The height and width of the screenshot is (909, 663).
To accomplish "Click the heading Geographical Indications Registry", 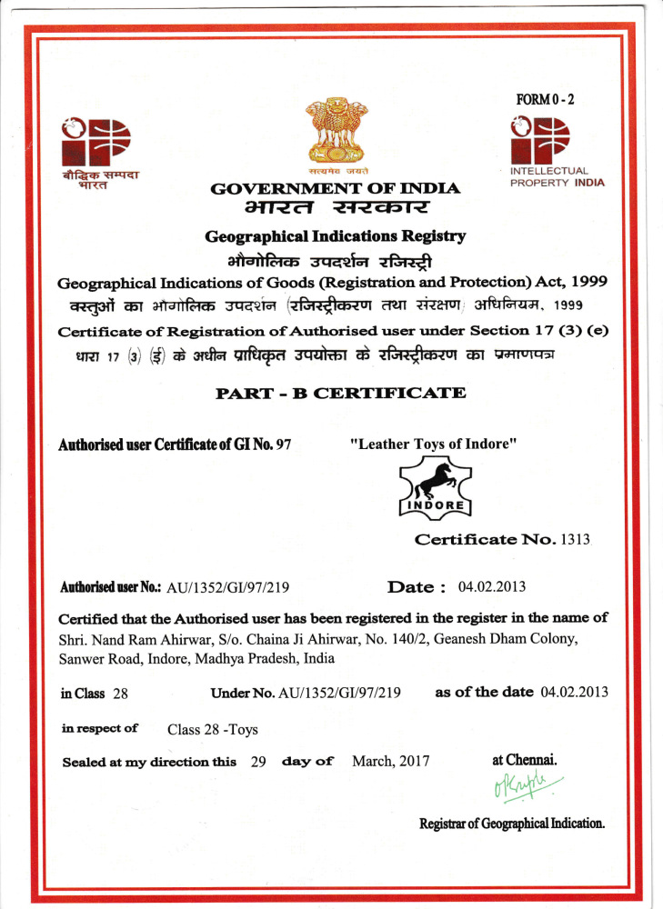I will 335,237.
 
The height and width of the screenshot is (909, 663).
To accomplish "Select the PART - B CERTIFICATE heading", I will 340,394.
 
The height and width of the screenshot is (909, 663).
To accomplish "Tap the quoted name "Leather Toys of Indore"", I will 434,445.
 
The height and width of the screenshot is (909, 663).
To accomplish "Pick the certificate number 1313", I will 574,539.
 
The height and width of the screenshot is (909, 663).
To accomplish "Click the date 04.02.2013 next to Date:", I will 492,587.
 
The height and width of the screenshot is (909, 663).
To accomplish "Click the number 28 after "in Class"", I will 120,694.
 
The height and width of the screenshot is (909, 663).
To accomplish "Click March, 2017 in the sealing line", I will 390,761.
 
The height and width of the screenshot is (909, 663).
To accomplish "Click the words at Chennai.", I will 525,759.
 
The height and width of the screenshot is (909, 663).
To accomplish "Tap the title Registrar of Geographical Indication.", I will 512,824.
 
